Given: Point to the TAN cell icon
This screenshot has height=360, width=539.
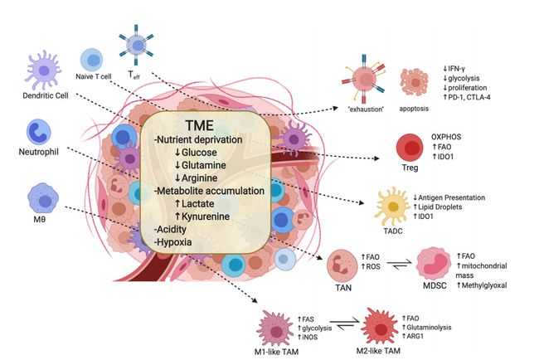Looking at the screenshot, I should (x=342, y=264).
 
